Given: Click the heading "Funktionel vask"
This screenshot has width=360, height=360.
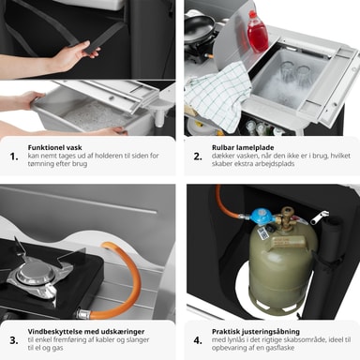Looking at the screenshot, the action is pyautogui.click(x=54, y=147).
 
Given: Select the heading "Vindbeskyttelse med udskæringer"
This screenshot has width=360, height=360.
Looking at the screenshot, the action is pyautogui.click(x=86, y=331).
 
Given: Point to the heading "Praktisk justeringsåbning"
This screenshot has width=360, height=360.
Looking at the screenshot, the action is pyautogui.click(x=256, y=332).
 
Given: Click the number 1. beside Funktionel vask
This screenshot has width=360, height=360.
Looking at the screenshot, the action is pyautogui.click(x=14, y=157).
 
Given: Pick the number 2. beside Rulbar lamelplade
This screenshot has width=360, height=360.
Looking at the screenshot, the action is pyautogui.click(x=198, y=157).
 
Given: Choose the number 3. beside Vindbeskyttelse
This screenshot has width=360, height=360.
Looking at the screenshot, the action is pyautogui.click(x=14, y=340).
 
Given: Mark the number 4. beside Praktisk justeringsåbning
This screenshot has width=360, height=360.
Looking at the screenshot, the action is pyautogui.click(x=198, y=340).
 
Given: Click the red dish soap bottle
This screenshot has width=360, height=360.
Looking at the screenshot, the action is pyautogui.click(x=258, y=32).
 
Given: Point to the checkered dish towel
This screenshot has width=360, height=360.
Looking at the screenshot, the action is pyautogui.click(x=218, y=94).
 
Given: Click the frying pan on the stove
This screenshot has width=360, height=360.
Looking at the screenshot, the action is pyautogui.click(x=200, y=28).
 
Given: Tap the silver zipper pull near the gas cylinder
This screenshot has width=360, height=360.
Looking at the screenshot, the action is pyautogui.click(x=320, y=217).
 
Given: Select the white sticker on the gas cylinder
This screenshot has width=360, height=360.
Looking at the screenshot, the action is pyautogui.click(x=261, y=232).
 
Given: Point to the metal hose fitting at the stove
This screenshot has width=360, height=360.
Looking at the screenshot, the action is pyautogui.click(x=83, y=313).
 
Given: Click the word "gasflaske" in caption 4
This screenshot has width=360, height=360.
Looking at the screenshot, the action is pyautogui.click(x=280, y=348).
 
